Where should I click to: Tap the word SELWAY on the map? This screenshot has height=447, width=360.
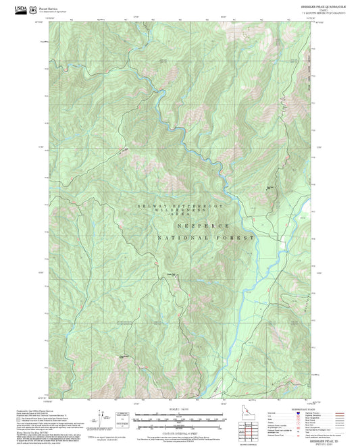click(x=149, y=205)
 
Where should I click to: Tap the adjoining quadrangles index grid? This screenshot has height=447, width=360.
click(x=251, y=429)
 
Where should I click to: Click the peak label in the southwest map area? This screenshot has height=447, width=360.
click(x=123, y=357)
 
